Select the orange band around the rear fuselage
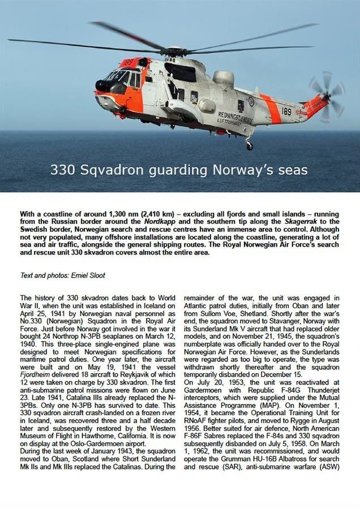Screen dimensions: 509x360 pyautogui.click(x=271, y=107)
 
